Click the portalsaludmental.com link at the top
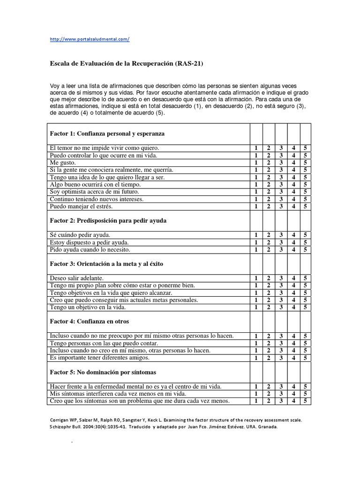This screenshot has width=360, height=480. (89, 39)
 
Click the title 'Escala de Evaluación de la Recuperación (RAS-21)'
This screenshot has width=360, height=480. (127, 63)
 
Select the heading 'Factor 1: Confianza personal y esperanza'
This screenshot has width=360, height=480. (107, 134)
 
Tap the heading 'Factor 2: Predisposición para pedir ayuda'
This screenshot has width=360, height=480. (108, 220)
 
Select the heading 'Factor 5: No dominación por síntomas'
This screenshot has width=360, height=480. (103, 372)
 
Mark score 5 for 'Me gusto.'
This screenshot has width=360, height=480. (305, 163)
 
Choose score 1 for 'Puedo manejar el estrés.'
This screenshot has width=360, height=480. (256, 206)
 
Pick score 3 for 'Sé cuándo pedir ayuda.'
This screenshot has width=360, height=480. (281, 235)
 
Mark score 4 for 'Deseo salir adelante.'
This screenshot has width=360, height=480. (293, 278)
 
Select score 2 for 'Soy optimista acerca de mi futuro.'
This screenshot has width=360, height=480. (269, 192)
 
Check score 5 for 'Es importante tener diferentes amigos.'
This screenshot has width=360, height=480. (305, 358)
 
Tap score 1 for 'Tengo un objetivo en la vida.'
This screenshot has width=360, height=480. (256, 307)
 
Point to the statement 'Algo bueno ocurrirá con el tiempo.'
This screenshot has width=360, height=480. (95, 185)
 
